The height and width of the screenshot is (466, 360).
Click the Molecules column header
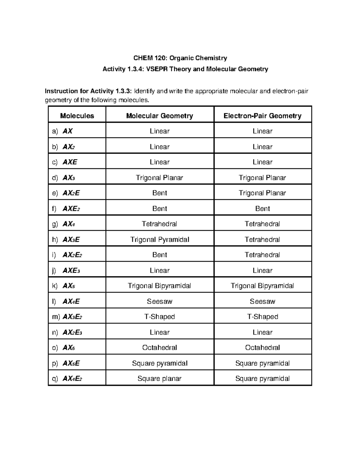(77, 116)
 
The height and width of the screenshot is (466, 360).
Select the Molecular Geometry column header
(160, 116)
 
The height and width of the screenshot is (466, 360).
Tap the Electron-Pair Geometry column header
(262, 116)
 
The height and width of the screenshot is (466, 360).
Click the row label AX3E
(71, 239)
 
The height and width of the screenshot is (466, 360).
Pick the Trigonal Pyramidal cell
(160, 239)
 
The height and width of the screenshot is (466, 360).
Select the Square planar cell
(160, 378)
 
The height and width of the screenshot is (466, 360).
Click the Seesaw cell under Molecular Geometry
(160, 301)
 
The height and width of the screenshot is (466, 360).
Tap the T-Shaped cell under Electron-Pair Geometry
(262, 317)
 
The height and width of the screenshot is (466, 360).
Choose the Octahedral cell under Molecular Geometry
(160, 347)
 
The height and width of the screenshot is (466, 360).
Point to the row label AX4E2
(72, 378)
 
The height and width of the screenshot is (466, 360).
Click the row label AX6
(69, 347)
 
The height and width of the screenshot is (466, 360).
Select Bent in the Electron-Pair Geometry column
(262, 209)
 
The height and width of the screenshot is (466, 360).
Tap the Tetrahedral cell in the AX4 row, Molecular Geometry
(160, 224)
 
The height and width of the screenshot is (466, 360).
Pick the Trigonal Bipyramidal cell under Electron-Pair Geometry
(262, 286)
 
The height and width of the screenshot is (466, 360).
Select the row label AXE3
(71, 270)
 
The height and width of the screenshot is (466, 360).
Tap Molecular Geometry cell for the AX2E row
(160, 193)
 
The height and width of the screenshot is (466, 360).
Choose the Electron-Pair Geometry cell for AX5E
(262, 363)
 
